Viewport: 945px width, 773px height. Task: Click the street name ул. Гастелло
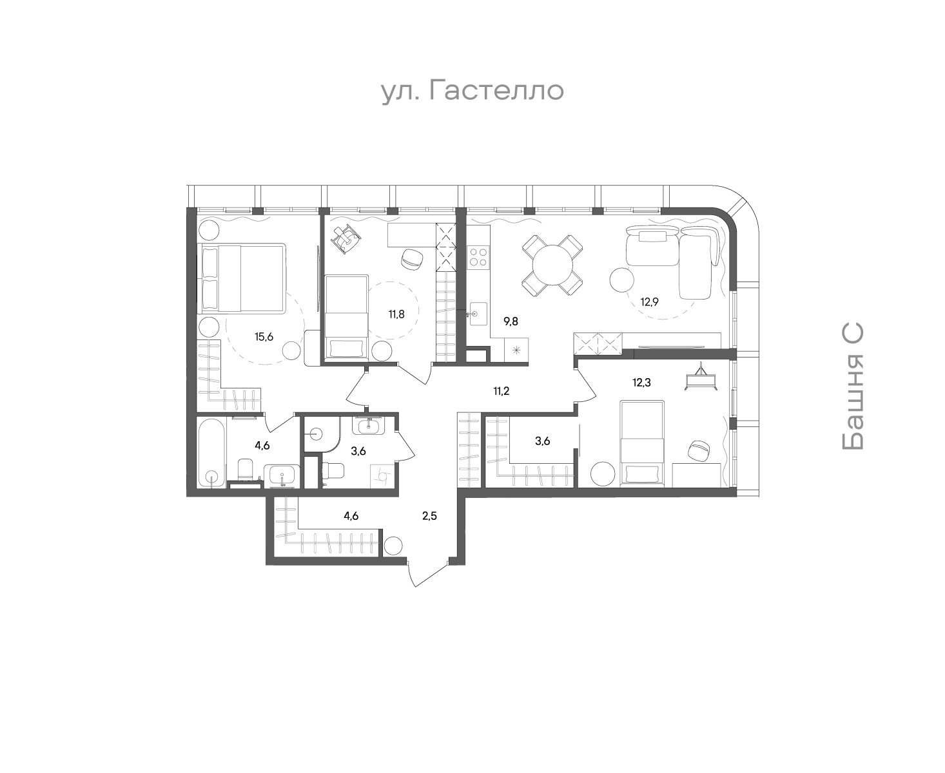coord(472,91)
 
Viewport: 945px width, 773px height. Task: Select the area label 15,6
coord(264,337)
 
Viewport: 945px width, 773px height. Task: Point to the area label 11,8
coord(396,314)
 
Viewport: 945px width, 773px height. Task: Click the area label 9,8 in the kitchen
coord(511,321)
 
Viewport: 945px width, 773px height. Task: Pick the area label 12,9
coord(649,302)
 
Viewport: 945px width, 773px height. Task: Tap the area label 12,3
coord(641,383)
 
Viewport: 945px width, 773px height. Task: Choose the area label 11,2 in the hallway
coord(502,392)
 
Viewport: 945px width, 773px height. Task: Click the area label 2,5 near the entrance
coord(429,516)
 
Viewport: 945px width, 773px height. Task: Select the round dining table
coord(552,265)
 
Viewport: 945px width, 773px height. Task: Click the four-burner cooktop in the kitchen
coord(478,257)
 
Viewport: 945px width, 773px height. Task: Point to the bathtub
coord(212,452)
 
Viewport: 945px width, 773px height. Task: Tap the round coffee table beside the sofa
coord(621,280)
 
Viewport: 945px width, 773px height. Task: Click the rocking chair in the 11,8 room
coord(345,239)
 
